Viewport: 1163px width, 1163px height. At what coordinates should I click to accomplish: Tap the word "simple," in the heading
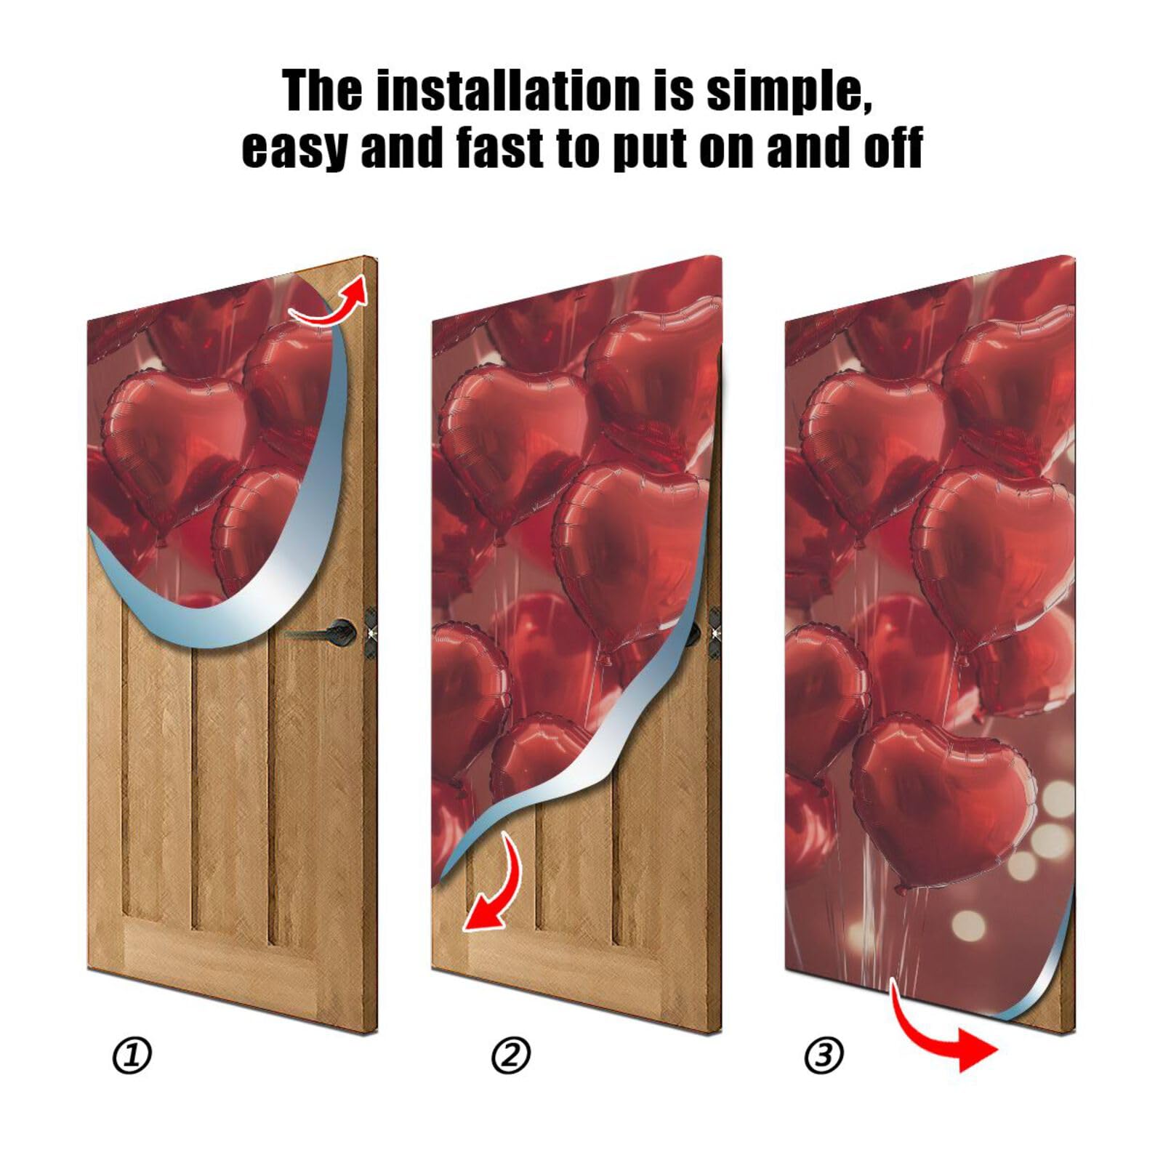pos(789,93)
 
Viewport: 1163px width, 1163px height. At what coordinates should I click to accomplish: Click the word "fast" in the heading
pos(500,148)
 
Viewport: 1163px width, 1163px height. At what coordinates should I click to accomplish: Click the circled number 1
pos(132,1055)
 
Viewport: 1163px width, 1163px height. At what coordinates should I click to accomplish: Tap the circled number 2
pos(511,1055)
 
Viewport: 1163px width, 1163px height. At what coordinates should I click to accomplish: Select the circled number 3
pos(824,1055)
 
